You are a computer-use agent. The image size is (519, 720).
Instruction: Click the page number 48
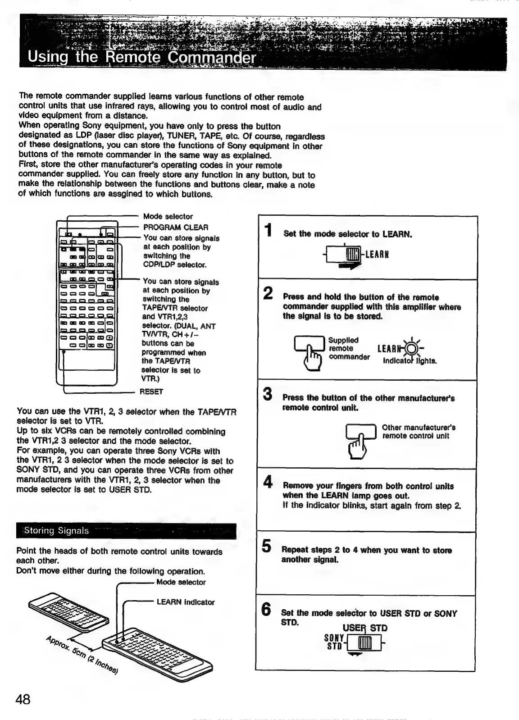[23, 699]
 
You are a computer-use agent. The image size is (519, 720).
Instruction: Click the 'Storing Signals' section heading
[57, 531]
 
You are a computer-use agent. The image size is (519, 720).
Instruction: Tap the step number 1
[269, 230]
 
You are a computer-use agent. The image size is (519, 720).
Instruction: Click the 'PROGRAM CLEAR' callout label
[176, 228]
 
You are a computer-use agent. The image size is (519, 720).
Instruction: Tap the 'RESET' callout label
[151, 392]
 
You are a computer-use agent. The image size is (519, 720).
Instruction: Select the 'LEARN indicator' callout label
[186, 602]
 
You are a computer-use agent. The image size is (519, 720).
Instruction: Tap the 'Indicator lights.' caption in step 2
[410, 361]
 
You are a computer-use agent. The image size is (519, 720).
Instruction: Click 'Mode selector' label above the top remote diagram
[168, 217]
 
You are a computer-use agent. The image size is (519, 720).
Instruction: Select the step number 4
[268, 482]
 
